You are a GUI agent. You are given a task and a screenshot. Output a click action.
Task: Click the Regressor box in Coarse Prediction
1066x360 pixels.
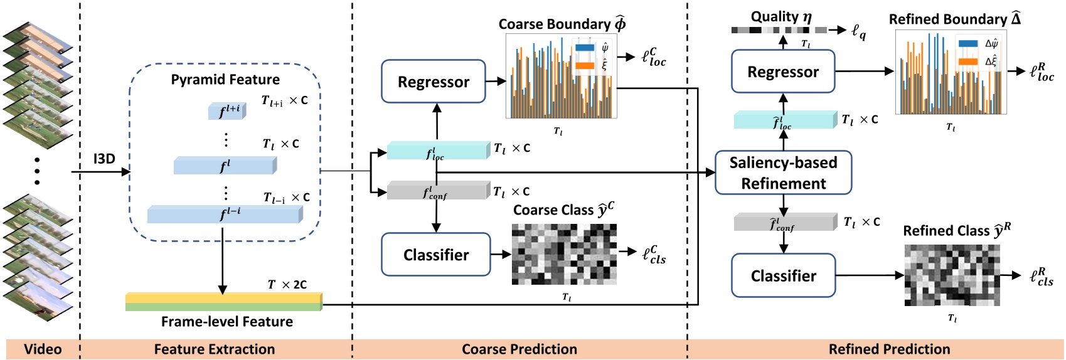[434, 82]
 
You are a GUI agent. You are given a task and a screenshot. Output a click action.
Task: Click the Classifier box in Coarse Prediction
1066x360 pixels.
[436, 255]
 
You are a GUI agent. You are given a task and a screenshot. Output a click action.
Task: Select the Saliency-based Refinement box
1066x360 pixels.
[783, 172]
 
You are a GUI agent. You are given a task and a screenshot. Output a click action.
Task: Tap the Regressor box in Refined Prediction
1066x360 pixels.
[783, 72]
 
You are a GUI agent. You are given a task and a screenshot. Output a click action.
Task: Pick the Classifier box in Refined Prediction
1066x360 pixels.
[783, 276]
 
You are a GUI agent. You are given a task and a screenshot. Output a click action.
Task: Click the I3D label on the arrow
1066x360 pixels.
[104, 159]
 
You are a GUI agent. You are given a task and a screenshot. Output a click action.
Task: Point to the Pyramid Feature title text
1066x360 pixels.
[225, 80]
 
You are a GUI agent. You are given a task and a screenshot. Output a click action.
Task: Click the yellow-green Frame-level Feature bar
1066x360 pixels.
[223, 302]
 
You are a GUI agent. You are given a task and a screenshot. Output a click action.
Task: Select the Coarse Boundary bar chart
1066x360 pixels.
[561, 77]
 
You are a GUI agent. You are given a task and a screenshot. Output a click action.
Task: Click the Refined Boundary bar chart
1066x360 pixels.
[951, 72]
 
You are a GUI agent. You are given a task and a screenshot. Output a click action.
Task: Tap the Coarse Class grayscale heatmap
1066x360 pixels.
[564, 254]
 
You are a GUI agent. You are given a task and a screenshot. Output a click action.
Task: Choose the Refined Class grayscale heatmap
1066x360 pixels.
[952, 275]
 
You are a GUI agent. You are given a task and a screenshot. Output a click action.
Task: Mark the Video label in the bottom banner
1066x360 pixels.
[43, 349]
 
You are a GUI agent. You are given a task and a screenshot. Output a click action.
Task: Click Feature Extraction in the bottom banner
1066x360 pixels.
[215, 349]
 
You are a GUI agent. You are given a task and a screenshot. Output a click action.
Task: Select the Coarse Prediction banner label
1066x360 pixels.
[520, 349]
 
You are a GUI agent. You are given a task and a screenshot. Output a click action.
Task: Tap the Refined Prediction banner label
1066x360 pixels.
[889, 349]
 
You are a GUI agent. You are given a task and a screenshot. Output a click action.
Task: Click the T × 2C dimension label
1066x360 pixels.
[287, 285]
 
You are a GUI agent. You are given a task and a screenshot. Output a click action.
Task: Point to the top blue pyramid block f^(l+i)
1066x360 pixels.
[227, 111]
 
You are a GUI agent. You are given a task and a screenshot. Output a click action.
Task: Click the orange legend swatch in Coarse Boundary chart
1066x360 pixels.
[584, 66]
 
